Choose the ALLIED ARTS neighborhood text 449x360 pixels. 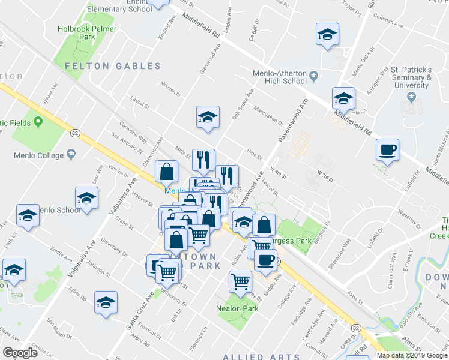pos(252,356)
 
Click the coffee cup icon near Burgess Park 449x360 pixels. pos(265,260)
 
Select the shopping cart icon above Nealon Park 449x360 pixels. pos(240,281)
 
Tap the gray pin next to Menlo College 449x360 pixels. pos(71,155)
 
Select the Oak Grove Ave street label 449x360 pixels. pos(243,104)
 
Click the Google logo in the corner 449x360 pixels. pos(20,353)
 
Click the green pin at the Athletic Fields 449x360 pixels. pos(38,122)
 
